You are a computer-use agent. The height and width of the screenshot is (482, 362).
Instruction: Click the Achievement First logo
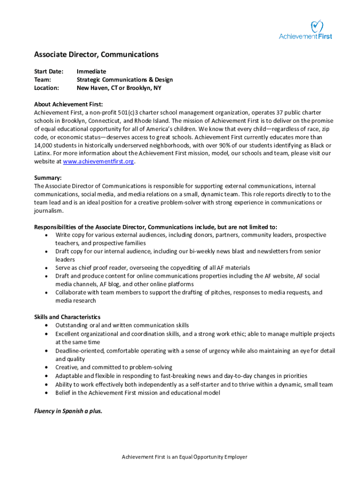[306, 30]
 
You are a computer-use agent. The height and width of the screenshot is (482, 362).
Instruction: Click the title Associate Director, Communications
[96, 55]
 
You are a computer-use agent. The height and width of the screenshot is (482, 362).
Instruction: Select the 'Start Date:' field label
[48, 72]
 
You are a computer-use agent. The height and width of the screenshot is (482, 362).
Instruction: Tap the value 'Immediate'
[91, 72]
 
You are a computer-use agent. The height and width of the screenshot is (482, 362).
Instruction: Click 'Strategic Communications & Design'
[125, 80]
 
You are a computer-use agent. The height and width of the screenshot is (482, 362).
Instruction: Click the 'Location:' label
[47, 88]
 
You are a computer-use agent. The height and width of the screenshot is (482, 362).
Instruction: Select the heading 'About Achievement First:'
[68, 104]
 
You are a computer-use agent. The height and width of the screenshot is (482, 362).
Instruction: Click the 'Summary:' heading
[48, 178]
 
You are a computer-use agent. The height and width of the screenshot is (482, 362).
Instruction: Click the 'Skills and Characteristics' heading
[67, 317]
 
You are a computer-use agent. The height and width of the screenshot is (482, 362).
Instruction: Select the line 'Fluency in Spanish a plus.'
[68, 410]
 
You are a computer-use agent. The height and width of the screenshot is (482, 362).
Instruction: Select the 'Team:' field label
[42, 80]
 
